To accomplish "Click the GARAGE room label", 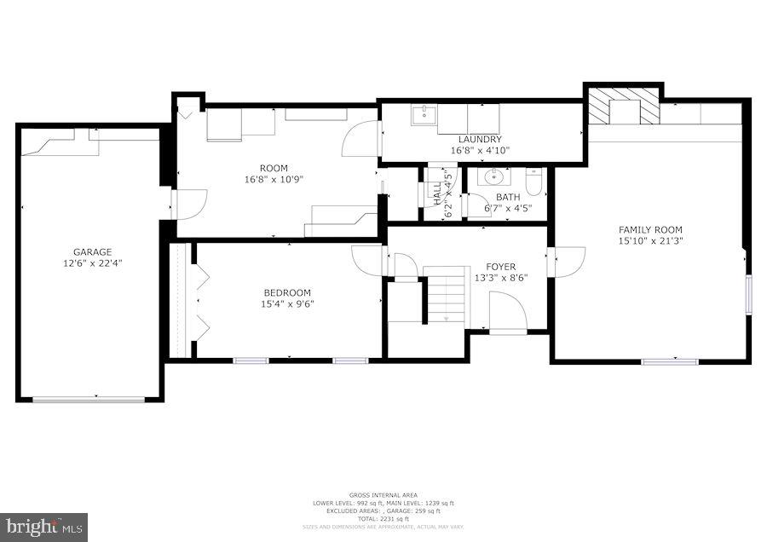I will pyautogui.click(x=92, y=252).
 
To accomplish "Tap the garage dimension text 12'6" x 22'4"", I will pyautogui.click(x=92, y=264).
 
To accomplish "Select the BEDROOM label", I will pyautogui.click(x=286, y=292).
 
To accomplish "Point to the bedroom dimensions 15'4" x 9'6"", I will pyautogui.click(x=286, y=304).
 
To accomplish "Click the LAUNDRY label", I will pyautogui.click(x=480, y=140).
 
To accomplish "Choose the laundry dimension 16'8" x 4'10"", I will pyautogui.click(x=480, y=151).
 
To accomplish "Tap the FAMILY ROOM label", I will pyautogui.click(x=650, y=229).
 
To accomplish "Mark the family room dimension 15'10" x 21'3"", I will pyautogui.click(x=650, y=241).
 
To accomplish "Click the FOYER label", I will pyautogui.click(x=501, y=267).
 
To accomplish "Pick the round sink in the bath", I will pyautogui.click(x=494, y=177).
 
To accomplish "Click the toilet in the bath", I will pyautogui.click(x=533, y=181).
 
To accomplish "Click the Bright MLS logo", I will pyautogui.click(x=43, y=526).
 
